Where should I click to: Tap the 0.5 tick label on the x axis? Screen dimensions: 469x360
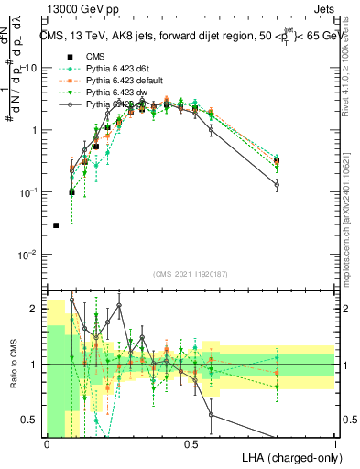pos(191,444)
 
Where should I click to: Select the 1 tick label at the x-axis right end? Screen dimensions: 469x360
pos(335,444)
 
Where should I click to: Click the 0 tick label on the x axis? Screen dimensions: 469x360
pos(47,444)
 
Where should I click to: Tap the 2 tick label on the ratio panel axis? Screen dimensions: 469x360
pos(36,310)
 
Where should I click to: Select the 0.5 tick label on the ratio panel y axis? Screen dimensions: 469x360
pos(32,420)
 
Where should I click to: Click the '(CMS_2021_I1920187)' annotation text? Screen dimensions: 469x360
pos(191,272)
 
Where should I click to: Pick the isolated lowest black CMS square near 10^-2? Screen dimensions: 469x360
pos(56,225)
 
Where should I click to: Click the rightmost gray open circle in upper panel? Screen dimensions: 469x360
pos(277,184)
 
